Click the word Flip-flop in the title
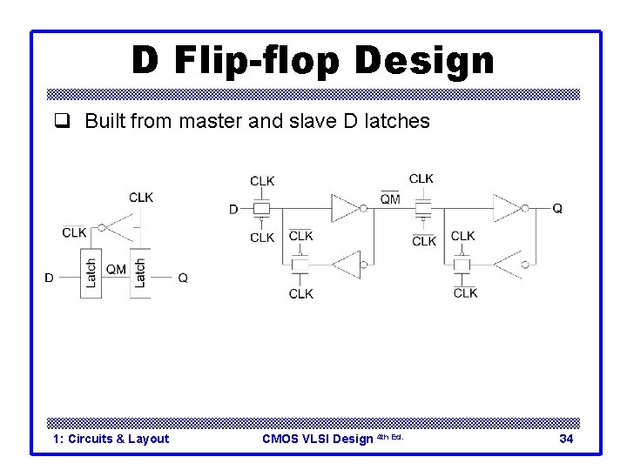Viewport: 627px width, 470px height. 256,61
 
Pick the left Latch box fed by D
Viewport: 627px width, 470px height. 91,272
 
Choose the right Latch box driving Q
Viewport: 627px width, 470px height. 140,272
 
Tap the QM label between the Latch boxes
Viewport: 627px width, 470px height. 116,269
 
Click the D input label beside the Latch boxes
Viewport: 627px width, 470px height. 50,279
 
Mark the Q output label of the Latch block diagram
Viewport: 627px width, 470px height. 183,279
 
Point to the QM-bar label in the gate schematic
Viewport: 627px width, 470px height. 390,198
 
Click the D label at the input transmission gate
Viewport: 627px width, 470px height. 233,209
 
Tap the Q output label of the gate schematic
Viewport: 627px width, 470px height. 557,209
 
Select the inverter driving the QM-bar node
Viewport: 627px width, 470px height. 345,209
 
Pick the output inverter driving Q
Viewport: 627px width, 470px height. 506,209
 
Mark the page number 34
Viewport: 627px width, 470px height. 566,439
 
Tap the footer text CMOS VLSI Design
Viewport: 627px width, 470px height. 317,439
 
